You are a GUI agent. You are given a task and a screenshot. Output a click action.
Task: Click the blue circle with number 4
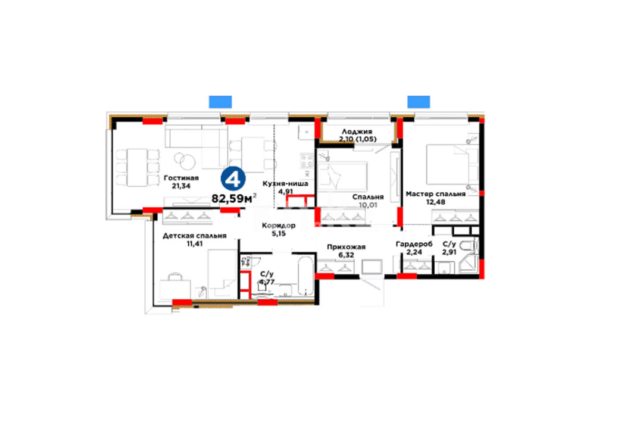pyautogui.click(x=233, y=179)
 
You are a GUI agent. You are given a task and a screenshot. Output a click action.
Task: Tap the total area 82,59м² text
pyautogui.click(x=234, y=198)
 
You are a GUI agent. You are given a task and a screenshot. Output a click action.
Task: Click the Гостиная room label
pyautogui.click(x=181, y=178)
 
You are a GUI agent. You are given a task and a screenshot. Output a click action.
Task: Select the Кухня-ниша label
pyautogui.click(x=285, y=183)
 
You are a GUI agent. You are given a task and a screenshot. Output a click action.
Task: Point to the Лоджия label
pyautogui.click(x=357, y=132)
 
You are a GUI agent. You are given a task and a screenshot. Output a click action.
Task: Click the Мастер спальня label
pyautogui.click(x=435, y=194)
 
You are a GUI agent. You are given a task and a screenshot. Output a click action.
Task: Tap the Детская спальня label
pyautogui.click(x=195, y=236)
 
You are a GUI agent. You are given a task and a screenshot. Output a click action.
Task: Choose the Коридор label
pyautogui.click(x=279, y=226)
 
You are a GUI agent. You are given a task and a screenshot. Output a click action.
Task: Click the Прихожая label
pyautogui.click(x=346, y=247)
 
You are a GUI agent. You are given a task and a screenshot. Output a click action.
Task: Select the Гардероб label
pyautogui.click(x=414, y=244)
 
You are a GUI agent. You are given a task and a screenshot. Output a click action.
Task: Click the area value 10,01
pyautogui.click(x=368, y=205)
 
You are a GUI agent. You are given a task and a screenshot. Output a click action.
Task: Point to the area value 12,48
pyautogui.click(x=435, y=202)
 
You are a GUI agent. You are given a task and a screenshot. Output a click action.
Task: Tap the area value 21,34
pyautogui.click(x=181, y=186)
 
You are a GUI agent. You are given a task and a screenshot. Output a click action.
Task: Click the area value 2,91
pyautogui.click(x=449, y=252)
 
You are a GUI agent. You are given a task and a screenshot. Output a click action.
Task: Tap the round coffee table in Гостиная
pyautogui.click(x=186, y=161)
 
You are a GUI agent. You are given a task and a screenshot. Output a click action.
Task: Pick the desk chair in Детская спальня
pyautogui.click(x=175, y=277)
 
